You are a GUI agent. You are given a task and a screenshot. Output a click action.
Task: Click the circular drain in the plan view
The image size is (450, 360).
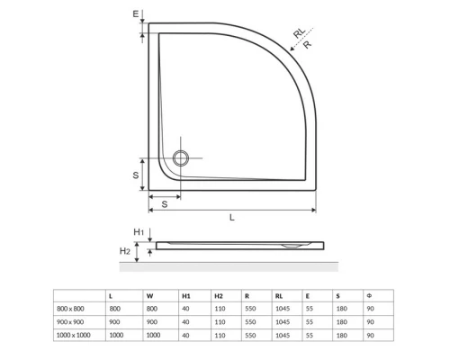point(182,158)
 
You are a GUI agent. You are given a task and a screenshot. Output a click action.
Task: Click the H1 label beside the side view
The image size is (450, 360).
point(138,232)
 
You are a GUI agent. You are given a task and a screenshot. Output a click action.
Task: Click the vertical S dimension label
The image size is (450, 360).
point(134,175)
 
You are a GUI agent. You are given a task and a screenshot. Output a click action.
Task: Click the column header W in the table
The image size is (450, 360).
point(148,295)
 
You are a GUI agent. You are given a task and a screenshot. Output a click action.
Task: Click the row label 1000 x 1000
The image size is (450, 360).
point(72,335)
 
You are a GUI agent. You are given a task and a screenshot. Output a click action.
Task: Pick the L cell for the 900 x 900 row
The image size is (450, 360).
point(112,321)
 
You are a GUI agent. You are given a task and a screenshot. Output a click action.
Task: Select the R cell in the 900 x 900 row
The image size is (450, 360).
point(247,321)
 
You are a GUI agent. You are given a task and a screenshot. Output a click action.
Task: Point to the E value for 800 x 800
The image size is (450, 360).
point(309,309)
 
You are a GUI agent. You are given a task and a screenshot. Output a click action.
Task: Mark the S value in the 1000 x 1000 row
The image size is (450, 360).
point(340,335)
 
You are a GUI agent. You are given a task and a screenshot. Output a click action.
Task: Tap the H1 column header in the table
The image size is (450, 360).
point(185,295)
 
